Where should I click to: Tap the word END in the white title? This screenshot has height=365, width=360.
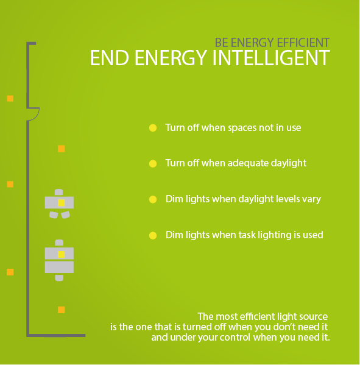[110, 58]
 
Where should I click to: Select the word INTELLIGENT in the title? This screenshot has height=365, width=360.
[271, 58]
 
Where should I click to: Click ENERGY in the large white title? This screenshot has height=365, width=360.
[171, 58]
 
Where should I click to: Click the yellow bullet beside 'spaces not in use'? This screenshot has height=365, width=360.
[153, 128]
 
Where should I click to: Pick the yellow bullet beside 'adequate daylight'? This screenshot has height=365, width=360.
[153, 164]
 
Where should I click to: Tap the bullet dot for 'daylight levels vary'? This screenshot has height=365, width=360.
[153, 199]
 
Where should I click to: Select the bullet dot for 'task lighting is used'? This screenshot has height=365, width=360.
[153, 236]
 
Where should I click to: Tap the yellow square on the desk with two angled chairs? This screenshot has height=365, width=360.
[61, 203]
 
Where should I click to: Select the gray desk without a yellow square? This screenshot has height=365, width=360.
[59, 267]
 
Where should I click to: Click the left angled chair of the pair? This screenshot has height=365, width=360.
[54, 215]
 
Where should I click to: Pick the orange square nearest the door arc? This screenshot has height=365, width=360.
[10, 99]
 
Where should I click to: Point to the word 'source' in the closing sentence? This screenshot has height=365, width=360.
[314, 317]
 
